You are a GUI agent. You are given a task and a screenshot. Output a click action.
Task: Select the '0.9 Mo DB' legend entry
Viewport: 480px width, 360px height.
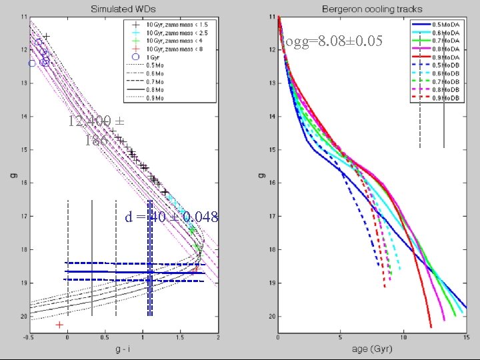pos(445,98)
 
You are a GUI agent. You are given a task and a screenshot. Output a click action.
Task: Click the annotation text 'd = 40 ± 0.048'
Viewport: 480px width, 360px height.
pos(172,217)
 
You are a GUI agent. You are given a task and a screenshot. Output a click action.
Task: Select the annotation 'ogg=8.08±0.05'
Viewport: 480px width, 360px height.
pos(333,41)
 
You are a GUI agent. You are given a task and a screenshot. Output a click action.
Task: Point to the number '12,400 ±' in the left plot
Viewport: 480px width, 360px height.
pos(96,122)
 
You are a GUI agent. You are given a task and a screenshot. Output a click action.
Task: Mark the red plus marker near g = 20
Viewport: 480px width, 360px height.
pos(60,325)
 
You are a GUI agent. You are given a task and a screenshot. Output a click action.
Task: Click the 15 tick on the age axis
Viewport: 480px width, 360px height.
pos(465,338)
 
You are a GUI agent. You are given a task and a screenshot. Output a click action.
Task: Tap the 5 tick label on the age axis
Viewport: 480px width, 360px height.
pos(341,338)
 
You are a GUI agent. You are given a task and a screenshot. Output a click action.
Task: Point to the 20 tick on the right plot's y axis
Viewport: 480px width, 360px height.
pos(270,316)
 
